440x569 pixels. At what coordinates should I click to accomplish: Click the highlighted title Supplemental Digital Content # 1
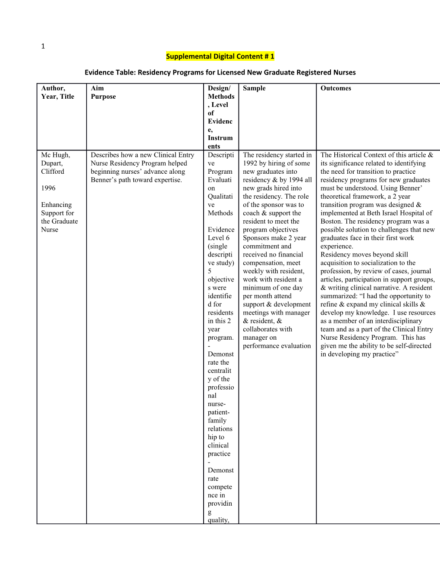point(220,56)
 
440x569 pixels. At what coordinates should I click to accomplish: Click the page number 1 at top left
point(43,47)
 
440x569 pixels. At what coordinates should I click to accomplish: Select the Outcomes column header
point(336,88)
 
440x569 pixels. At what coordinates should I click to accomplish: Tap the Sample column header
point(254,88)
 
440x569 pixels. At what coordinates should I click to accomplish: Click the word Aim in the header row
point(97,88)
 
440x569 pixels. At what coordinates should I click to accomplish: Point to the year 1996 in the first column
point(48,188)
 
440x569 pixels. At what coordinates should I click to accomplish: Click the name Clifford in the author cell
point(53,172)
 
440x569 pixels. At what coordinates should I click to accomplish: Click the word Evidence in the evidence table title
point(98,72)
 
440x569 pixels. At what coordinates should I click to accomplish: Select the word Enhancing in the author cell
point(57,205)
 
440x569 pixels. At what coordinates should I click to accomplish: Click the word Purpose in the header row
point(103,97)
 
